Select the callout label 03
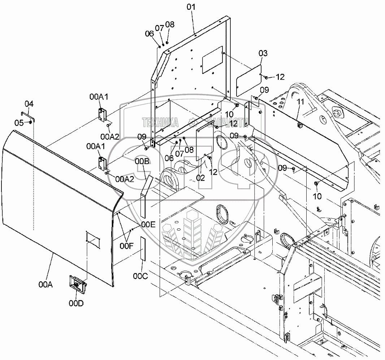263,53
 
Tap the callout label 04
29,104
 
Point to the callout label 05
19,123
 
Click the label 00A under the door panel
46,284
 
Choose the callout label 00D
76,303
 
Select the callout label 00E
148,224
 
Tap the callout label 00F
126,246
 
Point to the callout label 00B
142,161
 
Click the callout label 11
300,102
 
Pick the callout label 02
200,178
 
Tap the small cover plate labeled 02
205,140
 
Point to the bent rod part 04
28,117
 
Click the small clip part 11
299,125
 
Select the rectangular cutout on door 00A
93,240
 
